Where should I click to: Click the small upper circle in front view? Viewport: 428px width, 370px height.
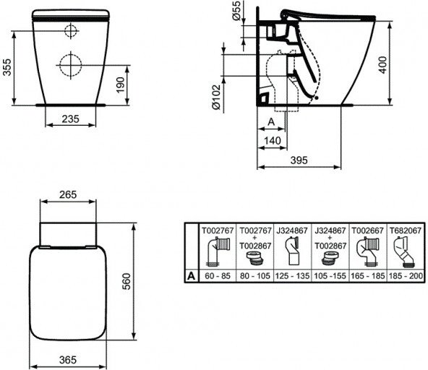pyautogui.click(x=71, y=31)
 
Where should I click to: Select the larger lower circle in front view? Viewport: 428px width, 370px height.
pyautogui.click(x=69, y=65)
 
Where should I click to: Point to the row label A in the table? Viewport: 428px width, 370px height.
pyautogui.click(x=190, y=275)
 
